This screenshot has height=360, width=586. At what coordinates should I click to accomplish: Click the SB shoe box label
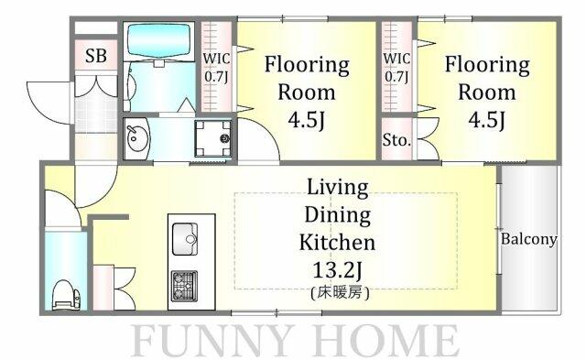[96, 56]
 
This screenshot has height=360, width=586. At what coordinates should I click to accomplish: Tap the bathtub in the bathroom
[158, 40]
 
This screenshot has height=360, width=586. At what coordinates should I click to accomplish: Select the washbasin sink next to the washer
[136, 139]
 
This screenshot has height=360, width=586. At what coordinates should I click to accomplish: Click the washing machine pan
[212, 138]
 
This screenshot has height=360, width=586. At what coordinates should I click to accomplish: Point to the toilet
[66, 294]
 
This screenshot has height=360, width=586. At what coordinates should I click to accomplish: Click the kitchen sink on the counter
[185, 239]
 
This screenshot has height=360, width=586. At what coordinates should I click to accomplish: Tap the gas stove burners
[184, 286]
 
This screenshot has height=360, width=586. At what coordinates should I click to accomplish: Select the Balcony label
[529, 239]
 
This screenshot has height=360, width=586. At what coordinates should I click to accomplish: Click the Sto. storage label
[396, 140]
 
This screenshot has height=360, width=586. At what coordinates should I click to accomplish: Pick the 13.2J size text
[338, 270]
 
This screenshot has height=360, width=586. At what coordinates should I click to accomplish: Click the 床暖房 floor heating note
[340, 293]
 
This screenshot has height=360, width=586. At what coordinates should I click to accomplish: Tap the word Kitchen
[338, 242]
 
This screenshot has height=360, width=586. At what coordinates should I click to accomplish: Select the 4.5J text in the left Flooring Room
[306, 120]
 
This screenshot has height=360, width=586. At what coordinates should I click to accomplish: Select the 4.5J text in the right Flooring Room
[486, 120]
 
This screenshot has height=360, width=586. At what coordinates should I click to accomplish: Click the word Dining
[338, 215]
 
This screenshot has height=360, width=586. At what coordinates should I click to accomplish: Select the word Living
[338, 188]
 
